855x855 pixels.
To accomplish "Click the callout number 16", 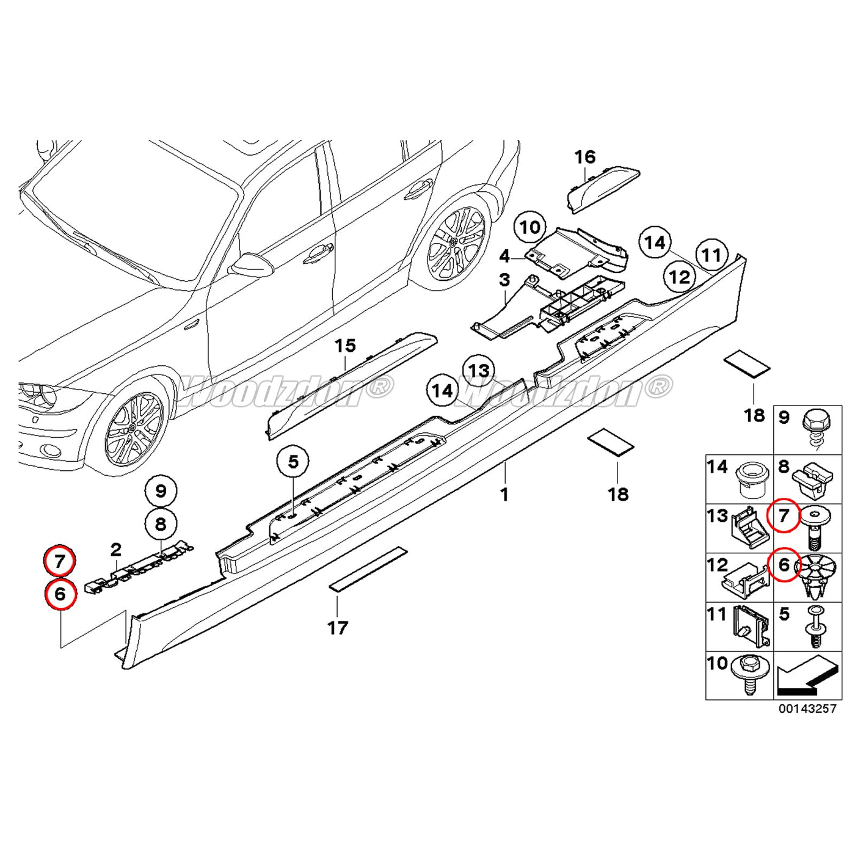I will pyautogui.click(x=584, y=158).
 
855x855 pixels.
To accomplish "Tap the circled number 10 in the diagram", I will pyautogui.click(x=529, y=228).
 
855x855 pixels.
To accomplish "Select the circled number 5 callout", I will pyautogui.click(x=293, y=462).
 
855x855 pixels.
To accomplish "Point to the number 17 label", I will pyautogui.click(x=338, y=627).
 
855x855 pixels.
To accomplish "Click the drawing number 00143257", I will pyautogui.click(x=807, y=708).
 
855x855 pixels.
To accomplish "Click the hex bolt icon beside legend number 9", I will pyautogui.click(x=816, y=428).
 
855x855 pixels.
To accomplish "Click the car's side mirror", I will pyautogui.click(x=251, y=264).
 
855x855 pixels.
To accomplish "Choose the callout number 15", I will pyautogui.click(x=345, y=346).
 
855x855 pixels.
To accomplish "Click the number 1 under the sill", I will pyautogui.click(x=504, y=493).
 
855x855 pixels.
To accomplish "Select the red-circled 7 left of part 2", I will pyautogui.click(x=60, y=561).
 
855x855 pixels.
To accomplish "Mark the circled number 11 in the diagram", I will pyautogui.click(x=711, y=255).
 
